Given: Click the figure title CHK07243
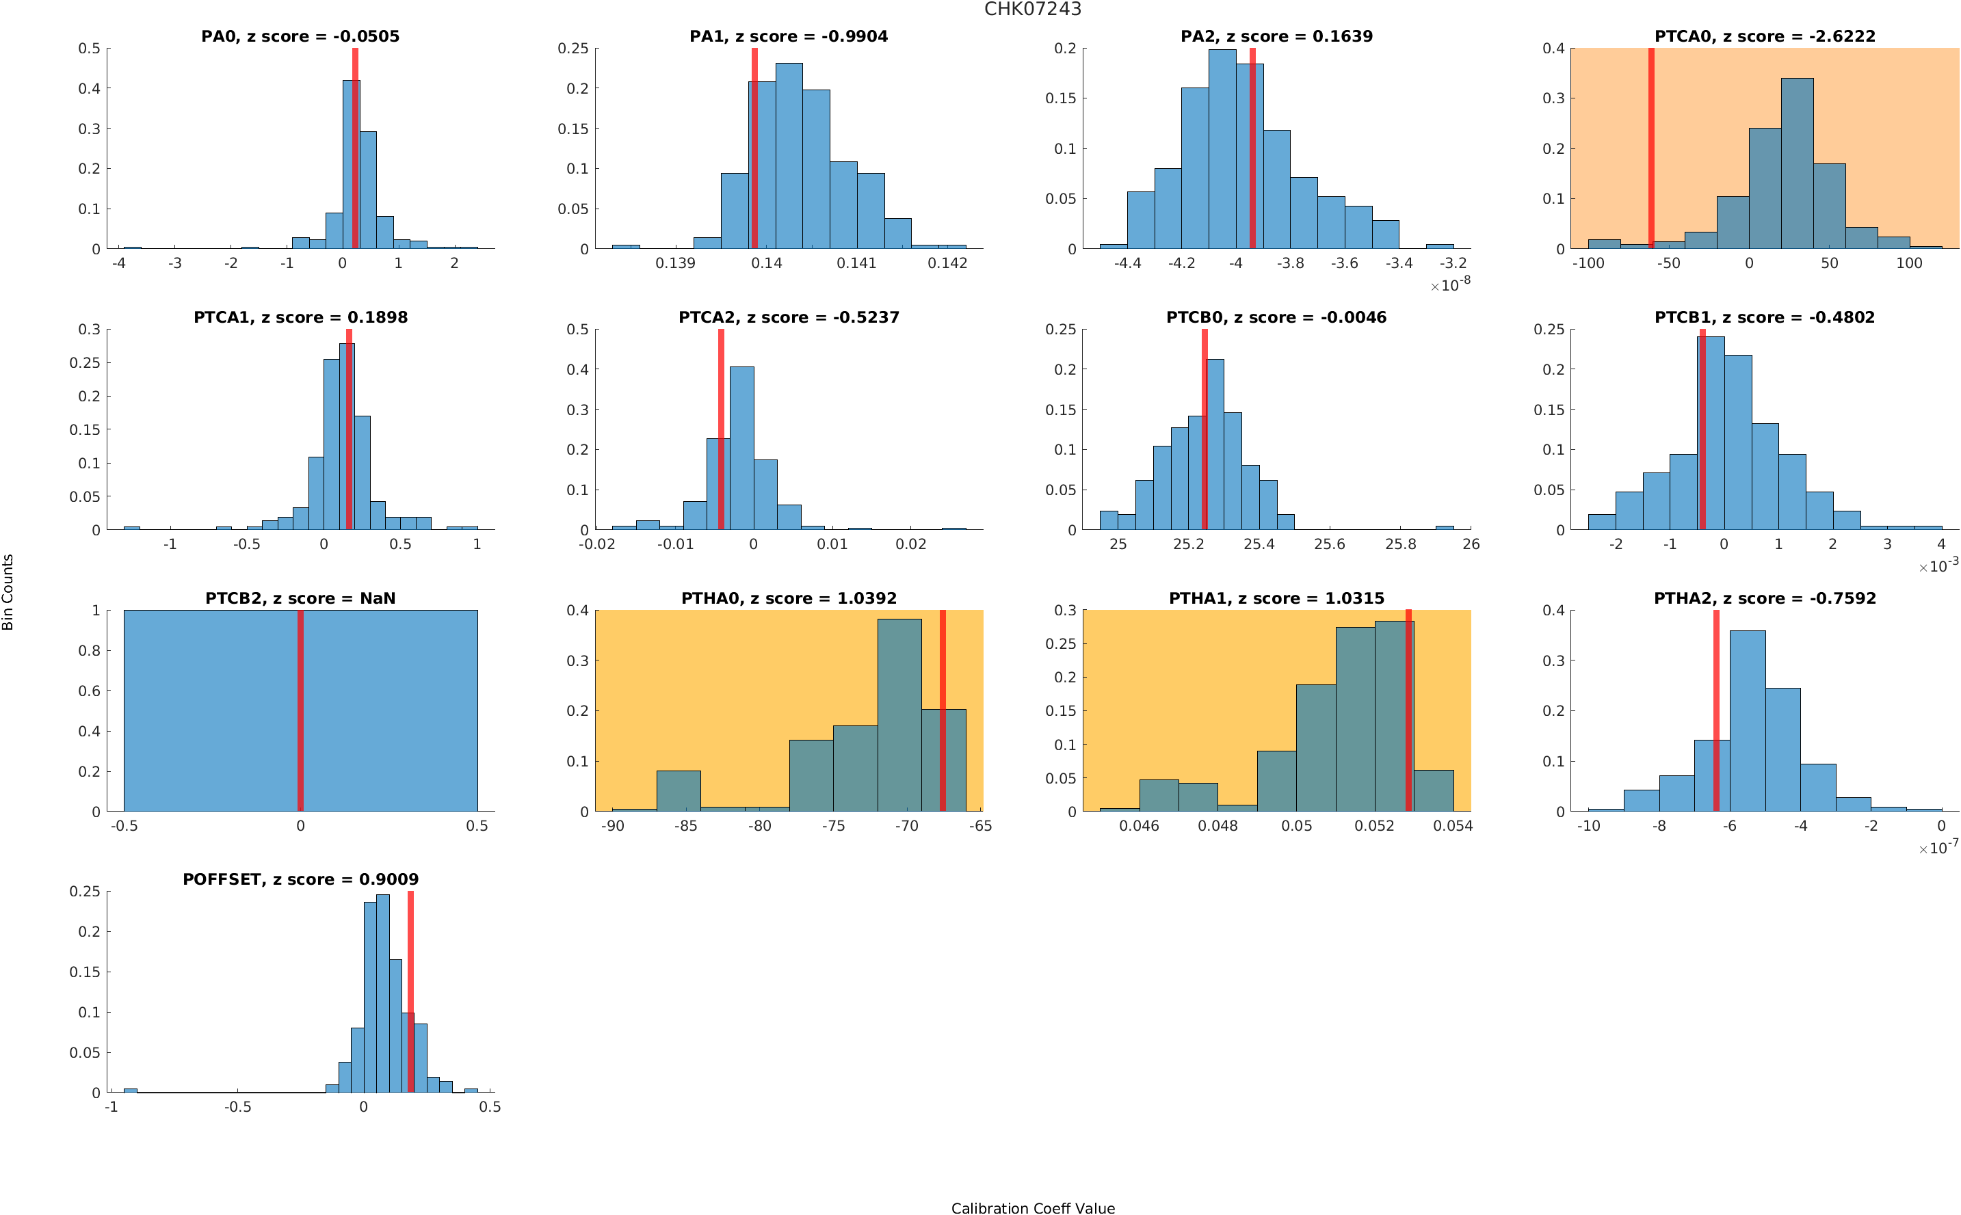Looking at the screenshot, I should coord(1032,10).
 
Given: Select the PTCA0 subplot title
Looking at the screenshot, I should coord(1764,36).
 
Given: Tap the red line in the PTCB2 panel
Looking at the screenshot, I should coord(300,710).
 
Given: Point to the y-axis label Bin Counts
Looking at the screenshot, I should coord(8,591).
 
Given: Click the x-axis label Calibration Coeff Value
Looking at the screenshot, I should coord(1032,1207).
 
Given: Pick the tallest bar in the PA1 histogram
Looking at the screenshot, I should coord(789,156).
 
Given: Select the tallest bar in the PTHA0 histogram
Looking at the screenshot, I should coord(899,715).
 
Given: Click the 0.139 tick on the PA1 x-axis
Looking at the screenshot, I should coord(675,263).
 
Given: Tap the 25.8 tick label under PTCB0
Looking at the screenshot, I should coord(1400,545).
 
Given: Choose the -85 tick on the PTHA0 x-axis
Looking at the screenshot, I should coord(685,826).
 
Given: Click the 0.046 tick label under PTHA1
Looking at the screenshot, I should coord(1139,826).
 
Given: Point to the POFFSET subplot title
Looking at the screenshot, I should coord(300,879).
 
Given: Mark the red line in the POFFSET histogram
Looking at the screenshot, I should coord(410,991).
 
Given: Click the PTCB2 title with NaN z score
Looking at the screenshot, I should coord(300,599).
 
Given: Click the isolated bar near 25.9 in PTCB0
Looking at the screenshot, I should coord(1444,527).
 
